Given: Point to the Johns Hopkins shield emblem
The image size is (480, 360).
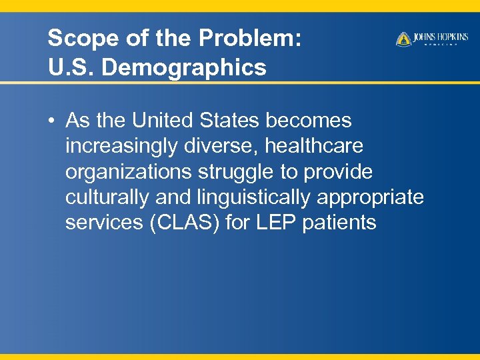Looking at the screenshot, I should coord(403,39).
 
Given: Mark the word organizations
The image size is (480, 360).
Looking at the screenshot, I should coord(129,172).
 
